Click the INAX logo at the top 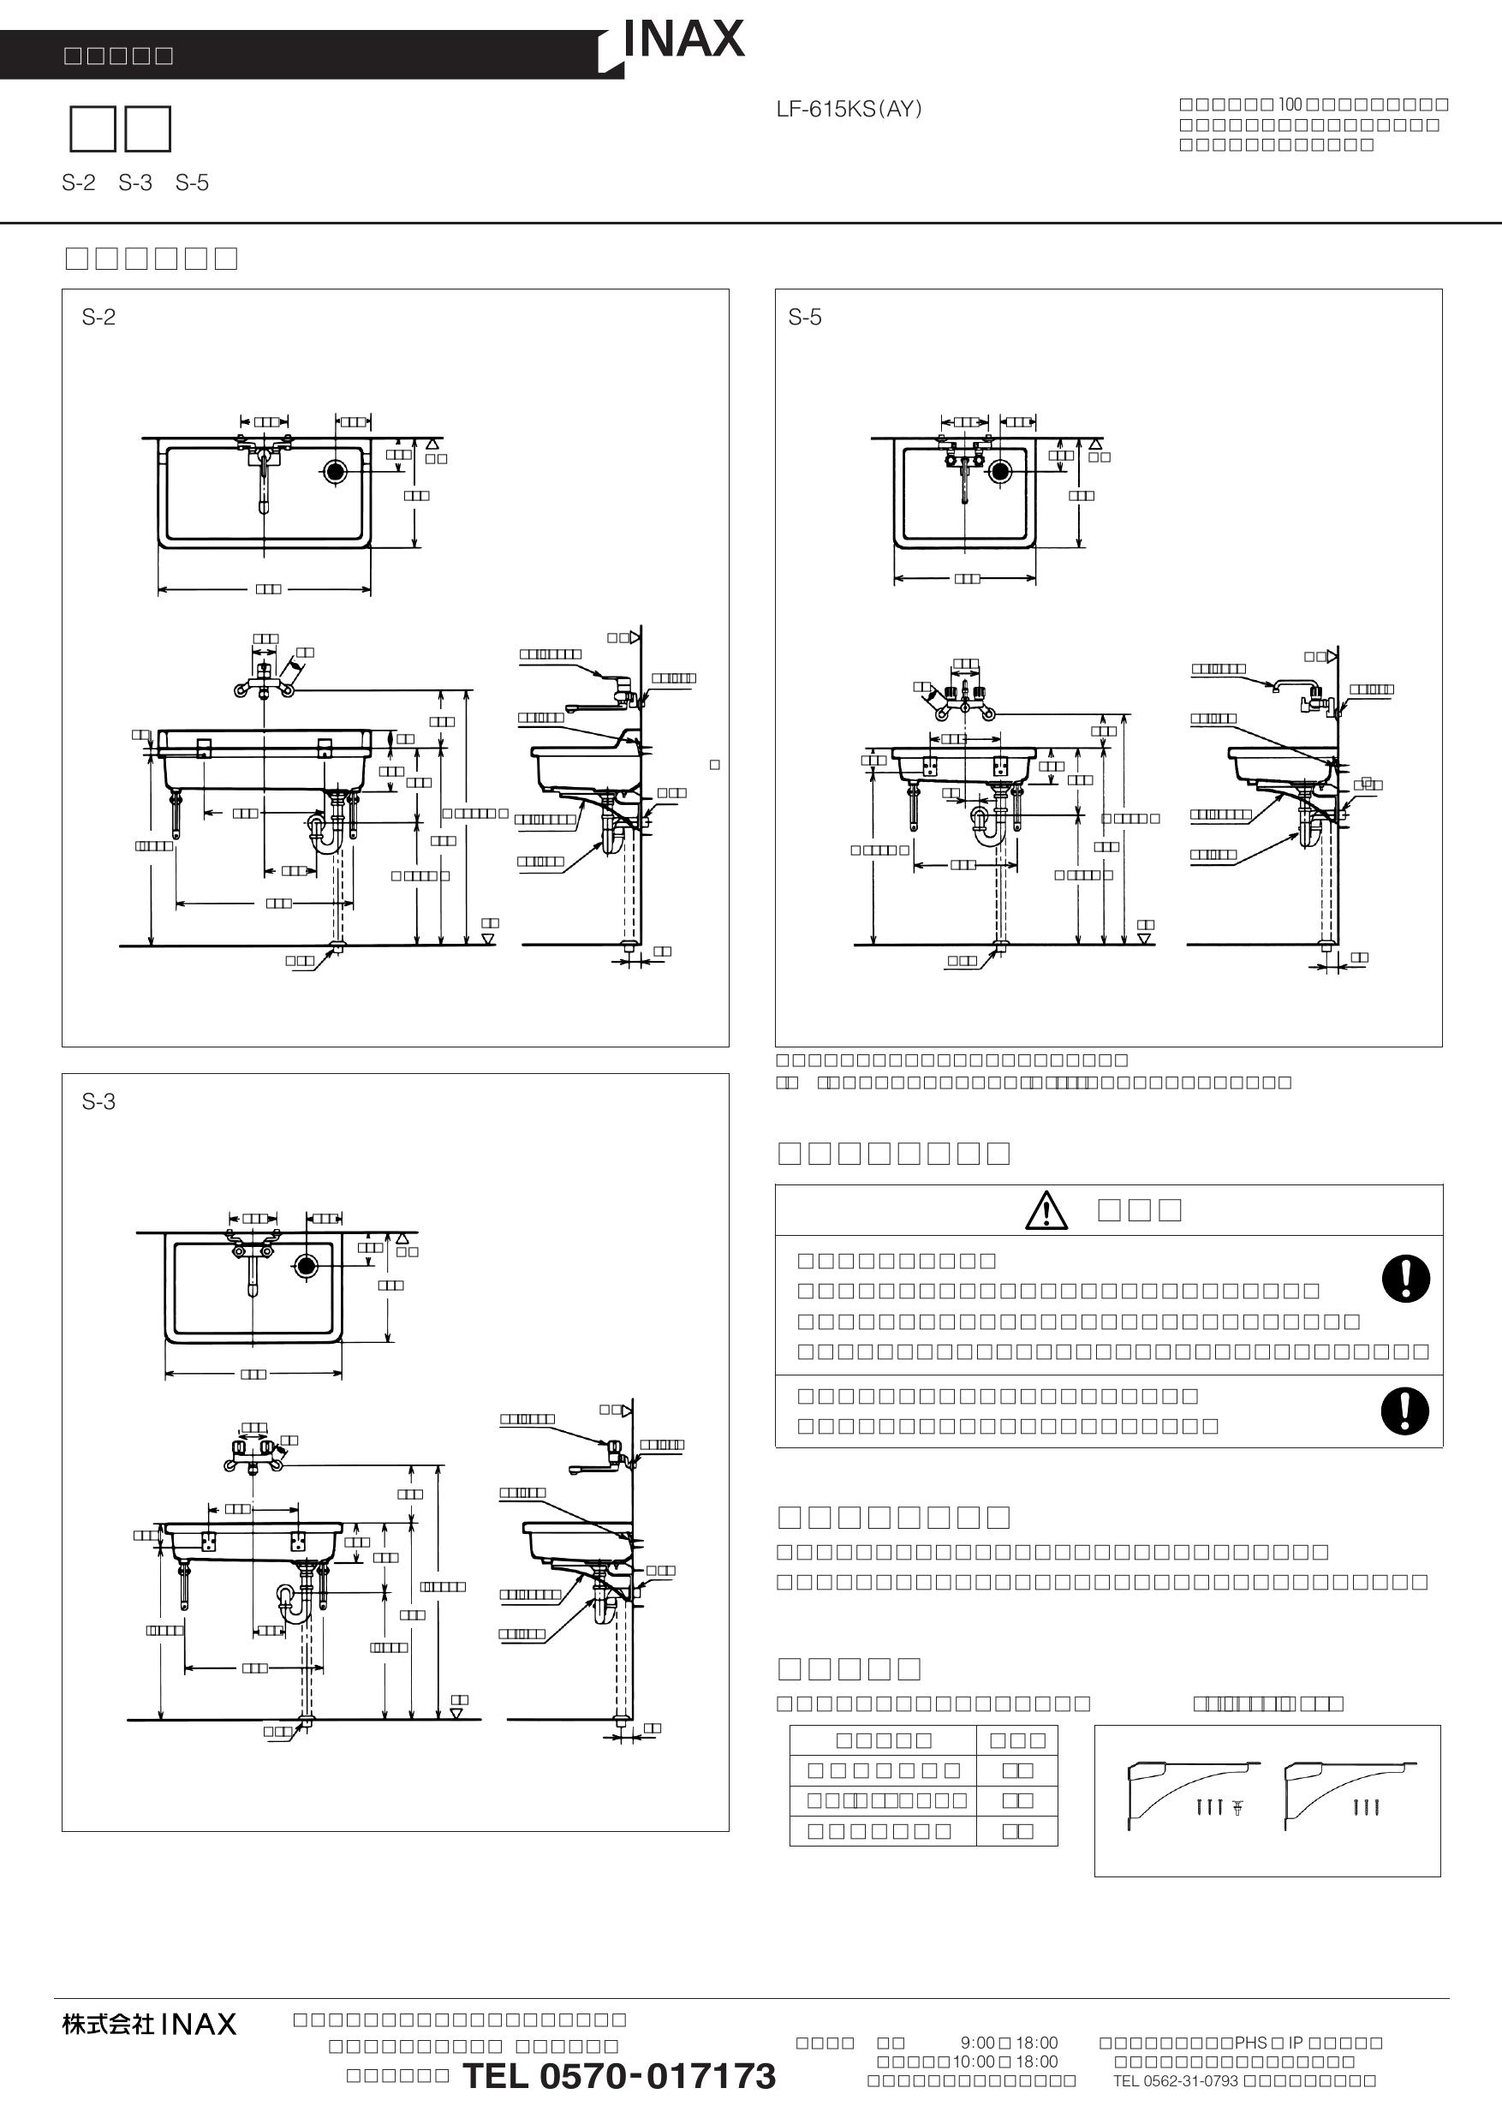tap(683, 39)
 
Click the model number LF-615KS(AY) tap(848, 109)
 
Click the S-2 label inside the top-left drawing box tap(99, 317)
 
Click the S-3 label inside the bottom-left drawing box tap(99, 1101)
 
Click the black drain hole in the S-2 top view tap(335, 472)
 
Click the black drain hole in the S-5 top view tap(998, 471)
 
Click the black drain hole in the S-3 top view tap(306, 1266)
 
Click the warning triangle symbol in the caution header tap(1046, 1210)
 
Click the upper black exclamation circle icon tap(1405, 1280)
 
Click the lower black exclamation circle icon tap(1404, 1411)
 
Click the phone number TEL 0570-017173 tap(617, 2076)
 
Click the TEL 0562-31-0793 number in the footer tap(1175, 2081)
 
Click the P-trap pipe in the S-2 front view tap(325, 832)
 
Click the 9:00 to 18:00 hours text tap(1008, 2043)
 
